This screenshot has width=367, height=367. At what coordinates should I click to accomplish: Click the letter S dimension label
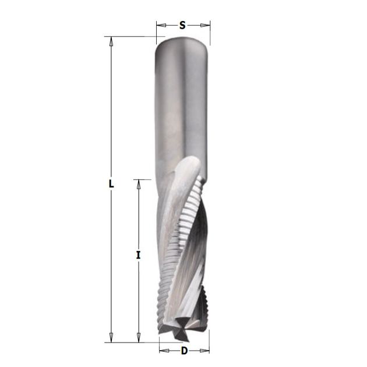pyautogui.click(x=182, y=25)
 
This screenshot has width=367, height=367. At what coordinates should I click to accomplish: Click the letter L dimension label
pyautogui.click(x=111, y=183)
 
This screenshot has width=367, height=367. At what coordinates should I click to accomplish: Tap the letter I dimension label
pyautogui.click(x=139, y=255)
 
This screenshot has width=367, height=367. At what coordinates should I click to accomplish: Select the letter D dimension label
pyautogui.click(x=185, y=351)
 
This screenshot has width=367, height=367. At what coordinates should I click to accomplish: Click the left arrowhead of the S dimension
pyautogui.click(x=161, y=25)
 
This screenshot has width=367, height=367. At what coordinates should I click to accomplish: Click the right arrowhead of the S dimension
pyautogui.click(x=205, y=25)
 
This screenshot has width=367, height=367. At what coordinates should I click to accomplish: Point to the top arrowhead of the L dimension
pyautogui.click(x=111, y=41)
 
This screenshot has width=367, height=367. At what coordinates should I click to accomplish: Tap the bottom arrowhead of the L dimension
pyautogui.click(x=111, y=337)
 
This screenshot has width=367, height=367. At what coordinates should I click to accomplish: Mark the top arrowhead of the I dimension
pyautogui.click(x=139, y=185)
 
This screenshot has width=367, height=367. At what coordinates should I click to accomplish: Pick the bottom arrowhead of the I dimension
pyautogui.click(x=139, y=337)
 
